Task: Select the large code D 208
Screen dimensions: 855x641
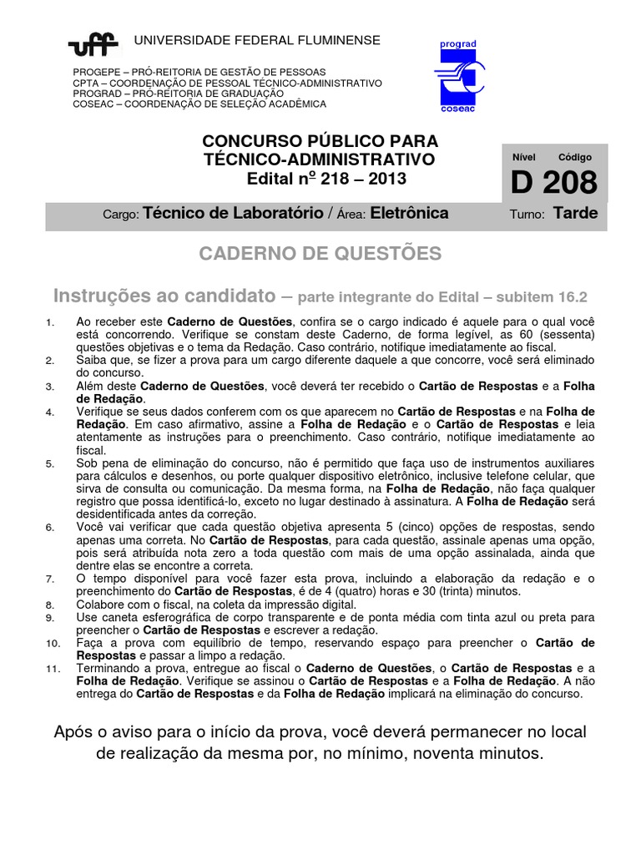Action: tap(553, 183)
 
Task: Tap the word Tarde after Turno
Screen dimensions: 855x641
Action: tap(576, 213)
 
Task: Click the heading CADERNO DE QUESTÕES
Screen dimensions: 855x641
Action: tap(320, 254)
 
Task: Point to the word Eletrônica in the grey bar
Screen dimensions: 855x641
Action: tap(409, 213)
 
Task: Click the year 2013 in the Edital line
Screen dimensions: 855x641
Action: tap(388, 178)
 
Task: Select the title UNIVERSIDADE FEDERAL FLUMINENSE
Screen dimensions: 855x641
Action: tap(257, 40)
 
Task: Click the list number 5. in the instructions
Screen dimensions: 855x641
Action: tap(50, 463)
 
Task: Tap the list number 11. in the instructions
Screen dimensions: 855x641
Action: tap(52, 670)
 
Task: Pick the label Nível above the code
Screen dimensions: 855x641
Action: tap(524, 157)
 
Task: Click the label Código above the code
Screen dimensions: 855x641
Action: tap(575, 157)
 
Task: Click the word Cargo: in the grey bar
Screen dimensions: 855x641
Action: tap(120, 215)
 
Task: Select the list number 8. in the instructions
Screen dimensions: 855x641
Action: tap(50, 604)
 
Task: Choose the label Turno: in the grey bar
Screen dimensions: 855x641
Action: tap(527, 215)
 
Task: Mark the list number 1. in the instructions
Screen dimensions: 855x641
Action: tap(50, 322)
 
